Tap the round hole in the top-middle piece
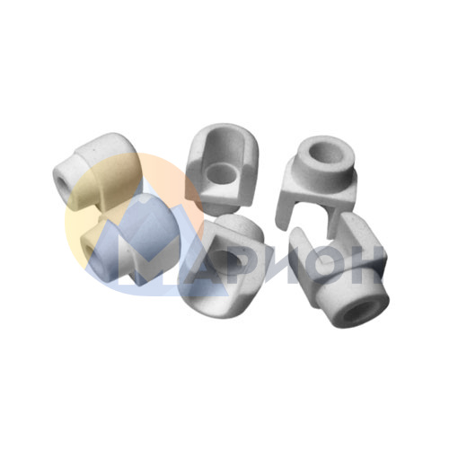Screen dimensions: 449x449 click(x=222, y=173)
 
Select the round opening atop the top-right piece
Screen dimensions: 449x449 click(x=323, y=154)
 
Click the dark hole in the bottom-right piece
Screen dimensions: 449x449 click(x=357, y=313)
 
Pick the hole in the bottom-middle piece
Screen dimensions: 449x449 click(x=224, y=259)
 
